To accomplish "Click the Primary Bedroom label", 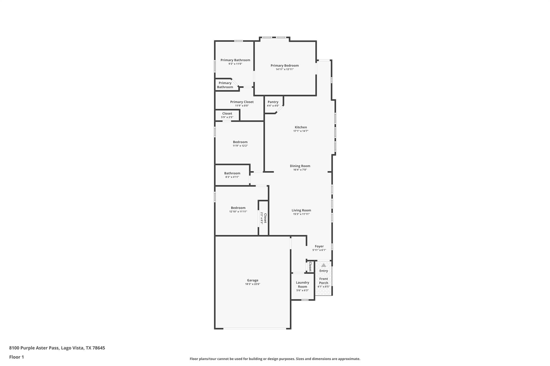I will click(284, 65).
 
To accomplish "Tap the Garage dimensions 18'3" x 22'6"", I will click(252, 284).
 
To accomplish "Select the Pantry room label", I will click(273, 102).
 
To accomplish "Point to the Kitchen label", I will click(301, 127).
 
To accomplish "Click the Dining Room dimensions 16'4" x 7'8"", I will click(300, 170).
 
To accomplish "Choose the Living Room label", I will click(301, 210).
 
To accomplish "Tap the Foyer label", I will click(319, 246).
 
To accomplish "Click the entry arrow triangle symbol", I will click(324, 265).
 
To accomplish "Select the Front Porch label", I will click(323, 281).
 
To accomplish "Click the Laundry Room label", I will click(302, 284).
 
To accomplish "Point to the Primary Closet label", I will click(242, 102).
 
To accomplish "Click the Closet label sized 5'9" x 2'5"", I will click(227, 113).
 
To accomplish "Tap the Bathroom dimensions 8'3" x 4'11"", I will click(232, 177).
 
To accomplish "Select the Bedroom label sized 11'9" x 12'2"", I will click(240, 142).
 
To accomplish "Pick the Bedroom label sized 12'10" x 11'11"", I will click(238, 208).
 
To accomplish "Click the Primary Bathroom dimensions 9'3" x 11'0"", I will click(235, 64).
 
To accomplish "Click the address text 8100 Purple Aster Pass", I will click(34, 348).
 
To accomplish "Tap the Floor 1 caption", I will click(16, 357).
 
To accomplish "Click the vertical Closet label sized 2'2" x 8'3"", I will click(265, 218).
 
